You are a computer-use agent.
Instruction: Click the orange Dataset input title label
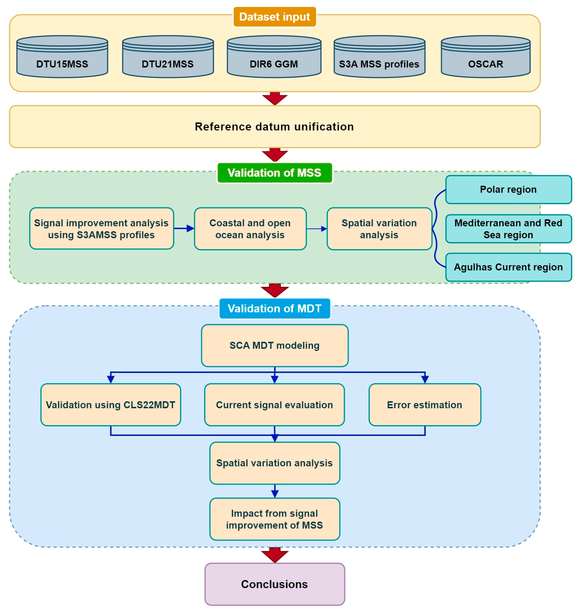275,17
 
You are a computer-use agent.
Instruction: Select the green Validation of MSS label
275,173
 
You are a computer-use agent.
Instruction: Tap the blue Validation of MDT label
275,309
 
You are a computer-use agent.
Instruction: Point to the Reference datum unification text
274,126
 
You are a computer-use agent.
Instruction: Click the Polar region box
509,190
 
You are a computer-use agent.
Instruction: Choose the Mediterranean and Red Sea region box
509,229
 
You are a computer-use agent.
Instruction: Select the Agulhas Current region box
509,267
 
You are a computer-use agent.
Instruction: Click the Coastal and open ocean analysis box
250,229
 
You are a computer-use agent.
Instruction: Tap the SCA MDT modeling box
275,346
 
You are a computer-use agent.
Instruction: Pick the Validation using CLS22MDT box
111,405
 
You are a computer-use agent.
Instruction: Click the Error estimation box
425,405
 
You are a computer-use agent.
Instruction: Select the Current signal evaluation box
274,405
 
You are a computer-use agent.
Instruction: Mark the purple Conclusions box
275,584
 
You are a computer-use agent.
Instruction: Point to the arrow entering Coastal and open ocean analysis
184,228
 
